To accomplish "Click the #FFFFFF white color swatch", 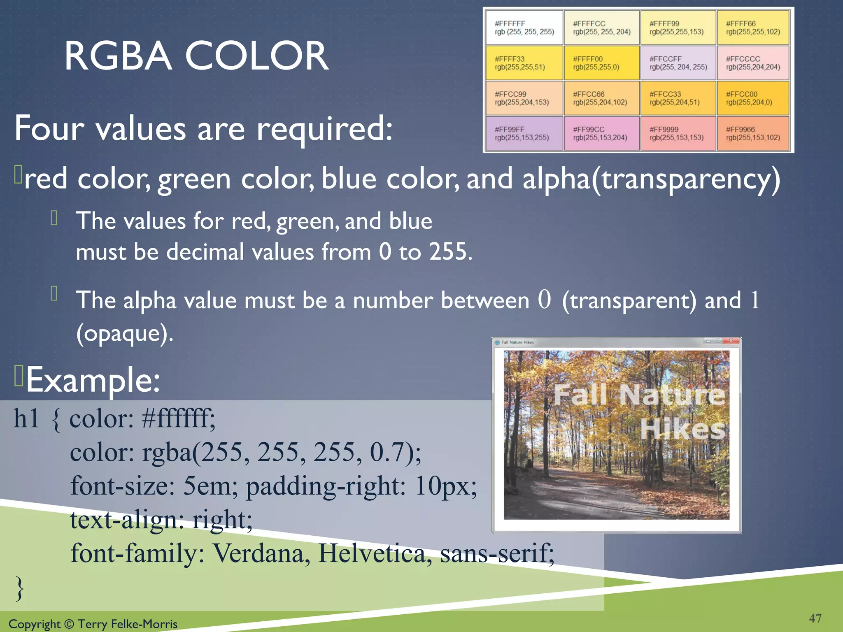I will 524,28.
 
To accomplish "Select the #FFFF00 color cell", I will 601,63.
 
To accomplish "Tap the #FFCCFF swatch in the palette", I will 678,63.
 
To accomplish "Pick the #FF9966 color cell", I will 753,133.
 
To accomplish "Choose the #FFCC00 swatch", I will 753,98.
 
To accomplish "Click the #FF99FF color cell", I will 524,133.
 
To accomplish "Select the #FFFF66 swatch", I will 753,28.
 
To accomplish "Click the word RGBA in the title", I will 118,56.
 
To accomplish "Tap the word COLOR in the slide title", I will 257,56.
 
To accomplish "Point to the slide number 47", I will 815,618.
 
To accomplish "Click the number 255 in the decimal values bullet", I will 449,251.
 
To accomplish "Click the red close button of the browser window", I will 731,341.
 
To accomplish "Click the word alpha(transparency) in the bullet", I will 651,179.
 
